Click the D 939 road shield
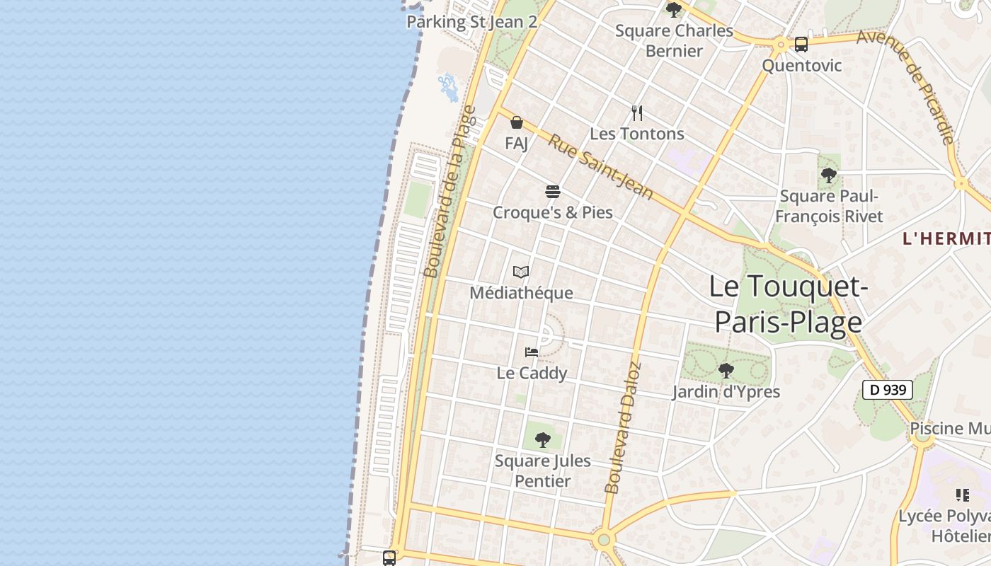pos(887,390)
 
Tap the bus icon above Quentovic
pos(801,45)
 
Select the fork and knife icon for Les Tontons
pos(637,112)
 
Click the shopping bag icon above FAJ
pos(517,122)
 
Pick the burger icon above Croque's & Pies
pos(553,192)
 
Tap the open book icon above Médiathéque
pos(521,272)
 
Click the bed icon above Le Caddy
pos(532,352)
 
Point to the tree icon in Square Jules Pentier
pos(543,440)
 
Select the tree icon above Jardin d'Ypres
pos(726,370)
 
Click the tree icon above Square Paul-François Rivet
pos(829,175)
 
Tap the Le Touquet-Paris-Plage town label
pos(788,304)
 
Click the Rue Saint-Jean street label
pos(600,167)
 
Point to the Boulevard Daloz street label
pos(623,427)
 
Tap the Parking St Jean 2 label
pos(471,22)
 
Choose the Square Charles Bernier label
pos(674,40)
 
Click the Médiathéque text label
pos(521,293)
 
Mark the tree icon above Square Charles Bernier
pos(674,10)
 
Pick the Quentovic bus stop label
pos(801,66)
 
